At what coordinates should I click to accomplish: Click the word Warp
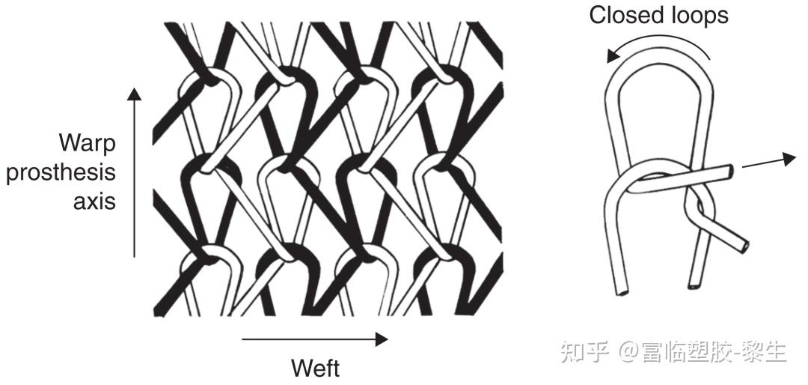pos(88,142)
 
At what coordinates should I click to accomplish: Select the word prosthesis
pos(61,172)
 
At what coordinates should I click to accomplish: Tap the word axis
pos(94,201)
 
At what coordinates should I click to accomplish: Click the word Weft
pos(314,368)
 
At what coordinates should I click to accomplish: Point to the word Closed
pos(625,16)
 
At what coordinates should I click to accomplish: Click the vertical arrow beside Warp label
pos(134,172)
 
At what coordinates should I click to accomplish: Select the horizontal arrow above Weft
pos(314,339)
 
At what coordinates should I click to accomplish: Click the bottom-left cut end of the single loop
pos(620,291)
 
